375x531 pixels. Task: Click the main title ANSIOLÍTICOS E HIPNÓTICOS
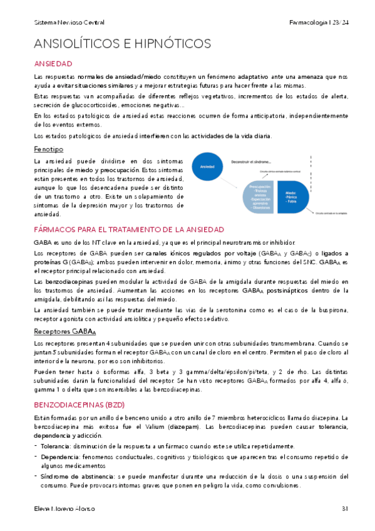(122, 44)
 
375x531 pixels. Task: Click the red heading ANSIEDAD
(53, 64)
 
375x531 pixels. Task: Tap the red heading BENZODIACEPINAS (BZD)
(80, 388)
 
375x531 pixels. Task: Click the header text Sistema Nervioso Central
(69, 23)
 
